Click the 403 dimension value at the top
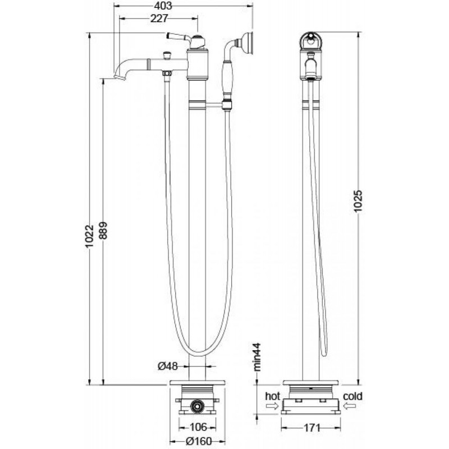click(163, 6)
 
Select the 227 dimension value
click(159, 19)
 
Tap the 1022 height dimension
click(90, 236)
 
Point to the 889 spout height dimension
click(103, 230)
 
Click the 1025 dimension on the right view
click(358, 201)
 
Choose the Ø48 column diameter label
click(168, 366)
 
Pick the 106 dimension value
click(198, 427)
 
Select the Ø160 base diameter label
click(199, 441)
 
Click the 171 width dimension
click(311, 428)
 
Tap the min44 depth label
click(257, 357)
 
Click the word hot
click(272, 396)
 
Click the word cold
click(353, 396)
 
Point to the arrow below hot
click(272, 406)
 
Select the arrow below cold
click(350, 406)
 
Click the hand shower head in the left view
click(247, 43)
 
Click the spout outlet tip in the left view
click(120, 77)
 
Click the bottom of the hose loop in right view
click(324, 355)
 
